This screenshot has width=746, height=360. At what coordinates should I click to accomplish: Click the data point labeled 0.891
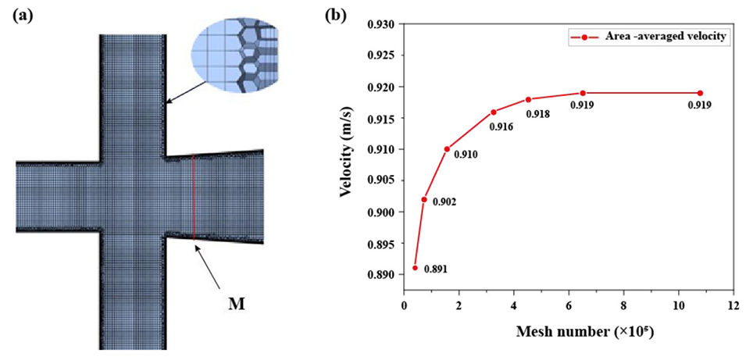pos(415,268)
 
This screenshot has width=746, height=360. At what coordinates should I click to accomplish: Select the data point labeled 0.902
pos(424,199)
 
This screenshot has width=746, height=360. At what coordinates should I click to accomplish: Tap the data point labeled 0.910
pos(447,148)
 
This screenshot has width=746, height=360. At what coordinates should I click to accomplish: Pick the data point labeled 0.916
pos(494,112)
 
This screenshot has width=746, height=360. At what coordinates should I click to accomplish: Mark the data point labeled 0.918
pos(528,99)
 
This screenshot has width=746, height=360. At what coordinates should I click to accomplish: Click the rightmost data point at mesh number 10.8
pos(700,93)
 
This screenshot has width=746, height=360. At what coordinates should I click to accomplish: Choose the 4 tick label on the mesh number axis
pos(513,305)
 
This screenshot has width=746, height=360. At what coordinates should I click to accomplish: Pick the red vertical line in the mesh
pos(193,194)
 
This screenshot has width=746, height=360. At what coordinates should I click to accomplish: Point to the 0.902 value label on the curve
pos(444,202)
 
